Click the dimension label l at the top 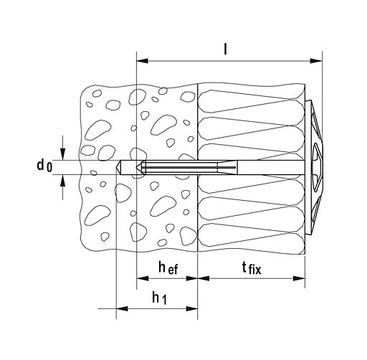point(225,49)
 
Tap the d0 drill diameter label point(44,166)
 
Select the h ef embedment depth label point(168,267)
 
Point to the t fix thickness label point(252,268)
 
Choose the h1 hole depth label point(159,298)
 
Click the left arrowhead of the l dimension point(142,61)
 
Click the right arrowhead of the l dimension point(316,61)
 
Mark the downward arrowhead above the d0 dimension point(62,154)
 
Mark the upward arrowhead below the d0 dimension point(62,181)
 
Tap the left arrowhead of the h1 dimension point(122,308)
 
